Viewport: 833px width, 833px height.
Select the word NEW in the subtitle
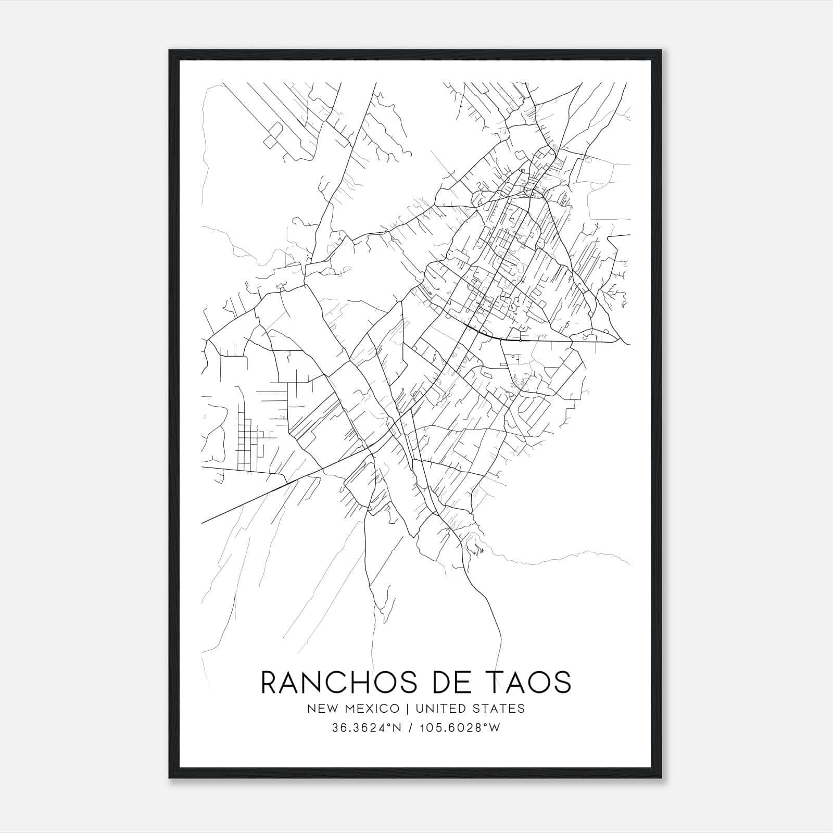pos(319,709)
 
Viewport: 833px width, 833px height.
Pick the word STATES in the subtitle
pos(500,709)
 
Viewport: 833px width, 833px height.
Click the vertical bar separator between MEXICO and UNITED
pos(405,709)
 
